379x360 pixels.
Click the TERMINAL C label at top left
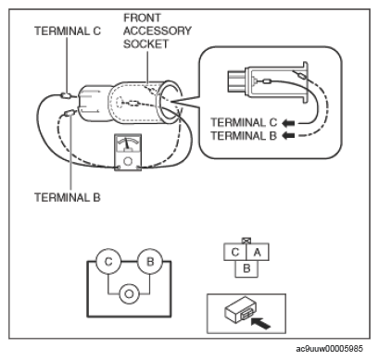[x=68, y=31]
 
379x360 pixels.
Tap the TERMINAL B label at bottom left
[x=68, y=197]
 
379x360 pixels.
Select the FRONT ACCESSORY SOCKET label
[x=158, y=31]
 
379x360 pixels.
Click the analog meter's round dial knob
[x=128, y=161]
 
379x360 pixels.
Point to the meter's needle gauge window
[x=128, y=143]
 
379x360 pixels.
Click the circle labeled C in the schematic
[x=108, y=262]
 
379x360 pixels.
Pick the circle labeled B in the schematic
[x=150, y=262]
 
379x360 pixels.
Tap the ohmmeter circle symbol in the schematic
[x=129, y=293]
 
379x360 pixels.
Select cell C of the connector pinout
[x=235, y=252]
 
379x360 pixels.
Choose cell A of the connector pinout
[x=258, y=252]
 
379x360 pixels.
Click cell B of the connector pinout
[x=246, y=268]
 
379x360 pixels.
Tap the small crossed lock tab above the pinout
[x=246, y=241]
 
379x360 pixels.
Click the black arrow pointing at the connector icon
[x=260, y=324]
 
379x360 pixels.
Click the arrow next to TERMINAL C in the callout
[x=288, y=123]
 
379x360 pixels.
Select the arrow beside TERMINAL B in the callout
[x=288, y=135]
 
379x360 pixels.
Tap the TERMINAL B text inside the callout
[x=244, y=135]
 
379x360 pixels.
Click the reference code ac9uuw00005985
[x=329, y=349]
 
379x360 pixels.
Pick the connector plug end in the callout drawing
[x=237, y=81]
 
